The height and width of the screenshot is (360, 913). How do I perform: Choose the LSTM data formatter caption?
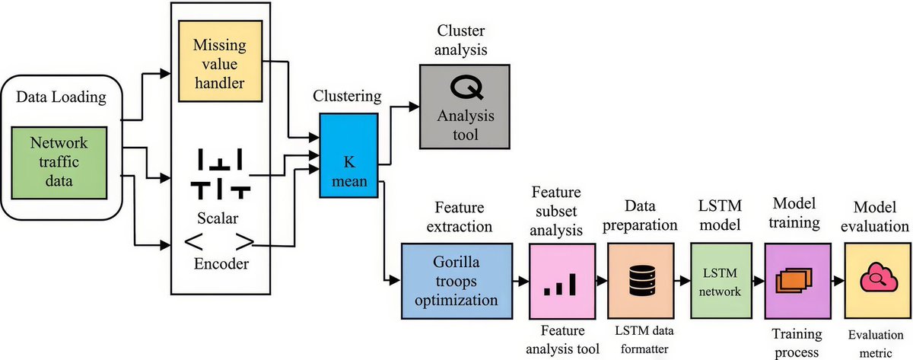pos(639,340)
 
